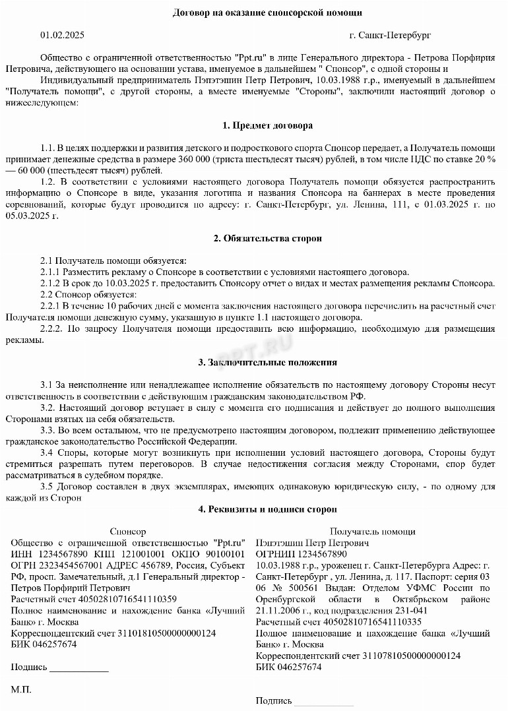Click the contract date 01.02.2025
point(62,35)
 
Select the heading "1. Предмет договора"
point(267,125)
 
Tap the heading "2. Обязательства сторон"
point(267,238)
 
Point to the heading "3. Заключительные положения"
point(267,362)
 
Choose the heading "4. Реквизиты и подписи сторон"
point(267,509)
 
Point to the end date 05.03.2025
point(31,216)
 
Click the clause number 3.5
point(47,487)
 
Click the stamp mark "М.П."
point(21,689)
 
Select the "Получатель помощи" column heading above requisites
point(373,531)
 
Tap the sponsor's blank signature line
point(79,667)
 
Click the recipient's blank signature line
point(317,701)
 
